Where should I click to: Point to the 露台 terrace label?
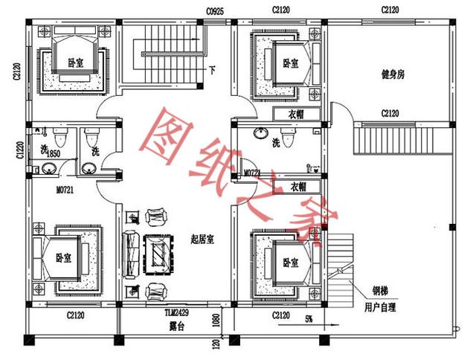177,325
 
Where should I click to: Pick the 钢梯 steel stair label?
380,291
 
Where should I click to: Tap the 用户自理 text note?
381,306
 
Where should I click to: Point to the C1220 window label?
20,152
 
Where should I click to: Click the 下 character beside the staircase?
213,71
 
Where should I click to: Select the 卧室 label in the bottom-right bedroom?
289,263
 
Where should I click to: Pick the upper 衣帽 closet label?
296,114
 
